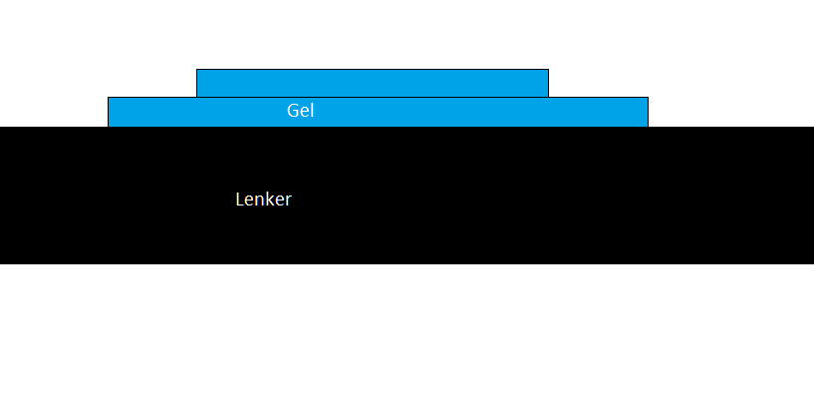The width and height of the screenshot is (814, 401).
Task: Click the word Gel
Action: pyautogui.click(x=301, y=111)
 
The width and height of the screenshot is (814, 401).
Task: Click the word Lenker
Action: pyautogui.click(x=264, y=200)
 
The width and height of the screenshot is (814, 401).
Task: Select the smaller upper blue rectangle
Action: pyautogui.click(x=373, y=83)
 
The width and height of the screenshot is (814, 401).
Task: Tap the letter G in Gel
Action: pyautogui.click(x=293, y=111)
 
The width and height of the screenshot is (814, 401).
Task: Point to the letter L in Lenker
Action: pyautogui.click(x=240, y=200)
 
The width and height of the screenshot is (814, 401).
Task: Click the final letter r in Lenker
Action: pyautogui.click(x=288, y=201)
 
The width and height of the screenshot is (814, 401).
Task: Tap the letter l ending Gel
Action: pyautogui.click(x=313, y=110)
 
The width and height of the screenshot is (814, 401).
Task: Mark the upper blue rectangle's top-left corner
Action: pyautogui.click(x=196, y=69)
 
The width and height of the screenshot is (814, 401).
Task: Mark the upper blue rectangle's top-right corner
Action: pyautogui.click(x=549, y=69)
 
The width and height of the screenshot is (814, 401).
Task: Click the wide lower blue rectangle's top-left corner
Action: pyautogui.click(x=108, y=97)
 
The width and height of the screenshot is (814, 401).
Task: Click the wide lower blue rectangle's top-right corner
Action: pyautogui.click(x=648, y=97)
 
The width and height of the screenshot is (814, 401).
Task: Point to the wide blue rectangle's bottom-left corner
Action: pyautogui.click(x=108, y=127)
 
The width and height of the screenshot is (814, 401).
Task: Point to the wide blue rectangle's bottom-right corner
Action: pyautogui.click(x=648, y=127)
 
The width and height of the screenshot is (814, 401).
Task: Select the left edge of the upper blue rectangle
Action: pyautogui.click(x=196, y=83)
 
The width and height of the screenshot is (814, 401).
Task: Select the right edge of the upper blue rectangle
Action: pyautogui.click(x=549, y=83)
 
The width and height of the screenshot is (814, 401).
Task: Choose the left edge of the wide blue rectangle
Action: pyautogui.click(x=108, y=112)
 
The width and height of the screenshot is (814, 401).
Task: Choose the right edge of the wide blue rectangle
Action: pyautogui.click(x=648, y=112)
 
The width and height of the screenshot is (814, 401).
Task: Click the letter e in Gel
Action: pyautogui.click(x=305, y=113)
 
